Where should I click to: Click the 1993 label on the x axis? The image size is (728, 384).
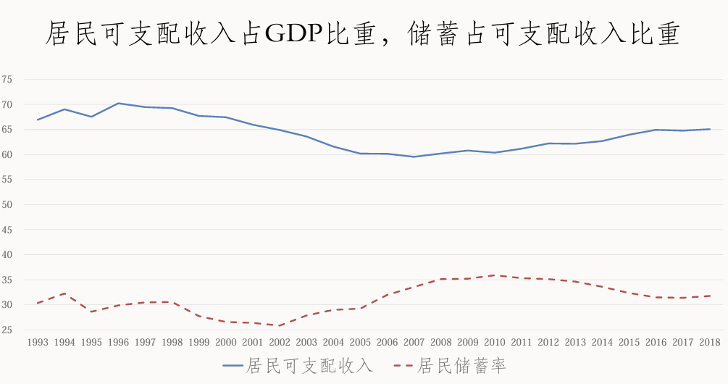(x=38, y=342)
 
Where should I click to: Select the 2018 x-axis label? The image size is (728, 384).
(x=709, y=342)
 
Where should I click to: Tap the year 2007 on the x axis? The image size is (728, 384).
(x=414, y=342)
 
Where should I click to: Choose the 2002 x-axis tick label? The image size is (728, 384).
(x=280, y=342)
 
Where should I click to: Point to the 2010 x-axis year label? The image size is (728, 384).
(x=494, y=342)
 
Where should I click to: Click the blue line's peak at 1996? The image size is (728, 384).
(x=118, y=103)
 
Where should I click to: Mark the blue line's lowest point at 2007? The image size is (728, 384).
(x=414, y=156)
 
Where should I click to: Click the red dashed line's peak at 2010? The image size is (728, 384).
(x=494, y=275)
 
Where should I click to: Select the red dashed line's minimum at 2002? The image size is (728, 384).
(x=280, y=326)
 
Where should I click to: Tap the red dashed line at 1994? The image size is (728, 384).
(x=64, y=293)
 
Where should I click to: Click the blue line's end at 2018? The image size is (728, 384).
(x=709, y=129)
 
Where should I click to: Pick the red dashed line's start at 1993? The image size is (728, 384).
(x=38, y=303)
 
